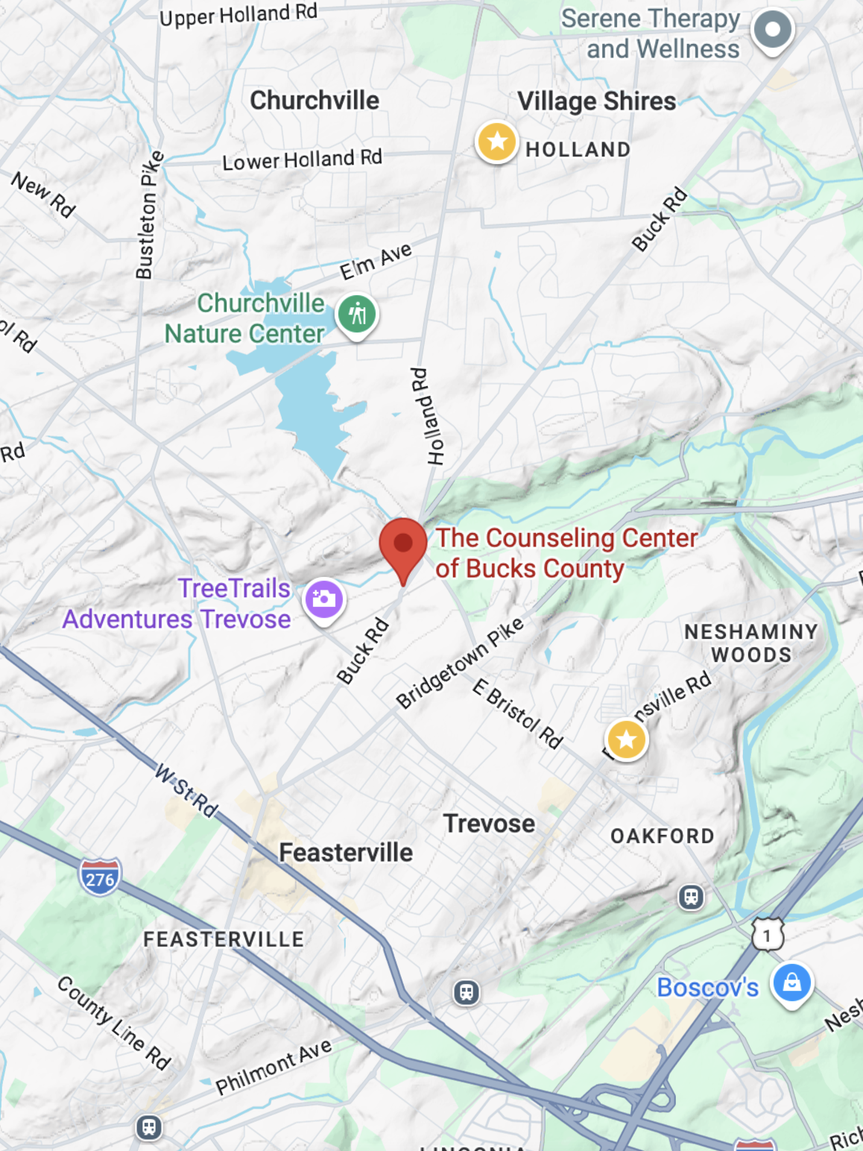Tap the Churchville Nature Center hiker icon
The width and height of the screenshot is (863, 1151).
click(x=357, y=314)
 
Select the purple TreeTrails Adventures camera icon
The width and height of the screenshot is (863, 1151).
click(x=324, y=599)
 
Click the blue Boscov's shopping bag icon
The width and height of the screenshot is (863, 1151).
click(x=791, y=983)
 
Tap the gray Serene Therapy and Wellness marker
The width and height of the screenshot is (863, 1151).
click(x=773, y=30)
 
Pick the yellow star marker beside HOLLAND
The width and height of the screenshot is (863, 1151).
click(x=497, y=141)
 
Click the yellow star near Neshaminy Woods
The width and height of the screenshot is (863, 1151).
click(x=627, y=739)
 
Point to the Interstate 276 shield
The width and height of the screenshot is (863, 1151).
click(x=100, y=877)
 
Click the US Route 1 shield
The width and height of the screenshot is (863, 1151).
click(x=768, y=935)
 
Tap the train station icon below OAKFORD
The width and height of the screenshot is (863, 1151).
click(x=691, y=897)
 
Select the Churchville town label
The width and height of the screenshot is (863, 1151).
click(x=314, y=101)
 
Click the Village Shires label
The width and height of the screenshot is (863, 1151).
click(x=597, y=101)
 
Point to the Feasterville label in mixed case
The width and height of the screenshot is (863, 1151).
click(x=346, y=852)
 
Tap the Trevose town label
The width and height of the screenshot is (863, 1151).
click(x=489, y=824)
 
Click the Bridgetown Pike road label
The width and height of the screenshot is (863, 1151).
click(x=460, y=663)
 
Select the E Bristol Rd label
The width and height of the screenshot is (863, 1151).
click(x=518, y=713)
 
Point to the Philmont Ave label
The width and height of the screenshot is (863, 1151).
click(x=274, y=1067)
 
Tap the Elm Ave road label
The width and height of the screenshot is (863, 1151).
click(x=376, y=261)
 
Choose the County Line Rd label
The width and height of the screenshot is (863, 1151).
click(x=114, y=1022)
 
